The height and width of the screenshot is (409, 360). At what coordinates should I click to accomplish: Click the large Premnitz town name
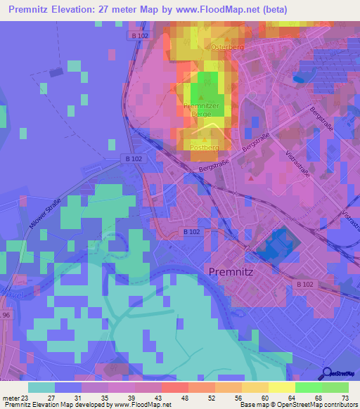pyautogui.click(x=232, y=270)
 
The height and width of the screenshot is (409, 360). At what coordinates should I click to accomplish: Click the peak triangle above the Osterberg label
pyautogui.click(x=221, y=39)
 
